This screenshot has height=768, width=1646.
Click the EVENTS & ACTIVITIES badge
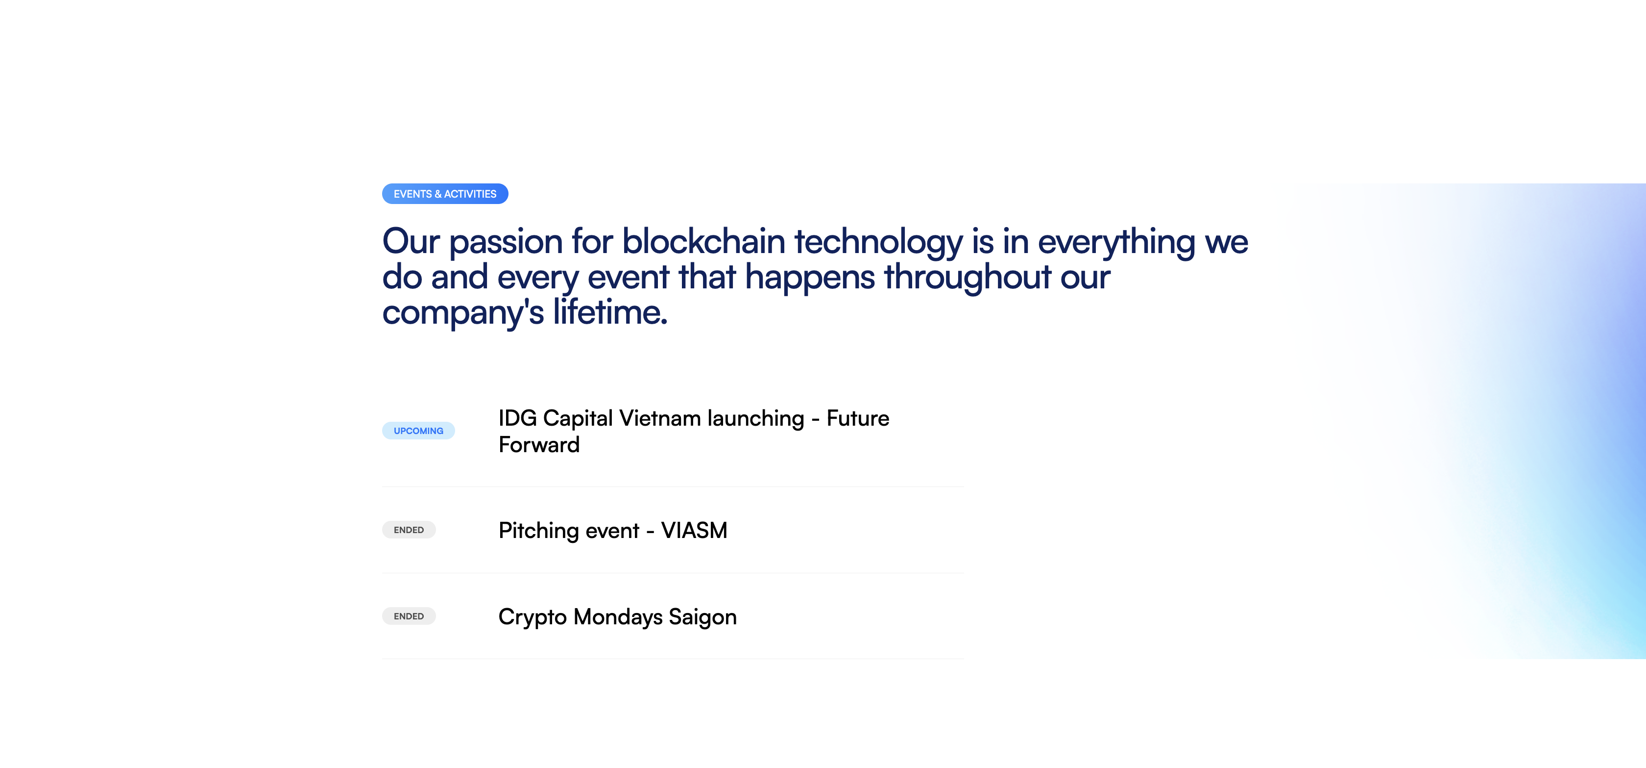tap(445, 194)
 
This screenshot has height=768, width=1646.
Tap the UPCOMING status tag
tap(418, 431)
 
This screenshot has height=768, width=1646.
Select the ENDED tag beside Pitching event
tap(409, 530)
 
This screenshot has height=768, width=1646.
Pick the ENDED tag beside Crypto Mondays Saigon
tap(409, 616)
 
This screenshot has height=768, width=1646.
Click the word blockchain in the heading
tap(703, 242)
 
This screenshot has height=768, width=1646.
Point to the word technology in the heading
tap(878, 243)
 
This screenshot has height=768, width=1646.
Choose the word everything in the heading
tap(1116, 243)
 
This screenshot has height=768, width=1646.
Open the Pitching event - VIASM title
tap(613, 531)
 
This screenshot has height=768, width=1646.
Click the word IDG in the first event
tap(518, 418)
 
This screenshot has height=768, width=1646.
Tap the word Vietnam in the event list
tap(660, 418)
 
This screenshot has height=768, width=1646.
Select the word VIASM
tap(694, 531)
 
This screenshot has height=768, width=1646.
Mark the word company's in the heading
tap(463, 313)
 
